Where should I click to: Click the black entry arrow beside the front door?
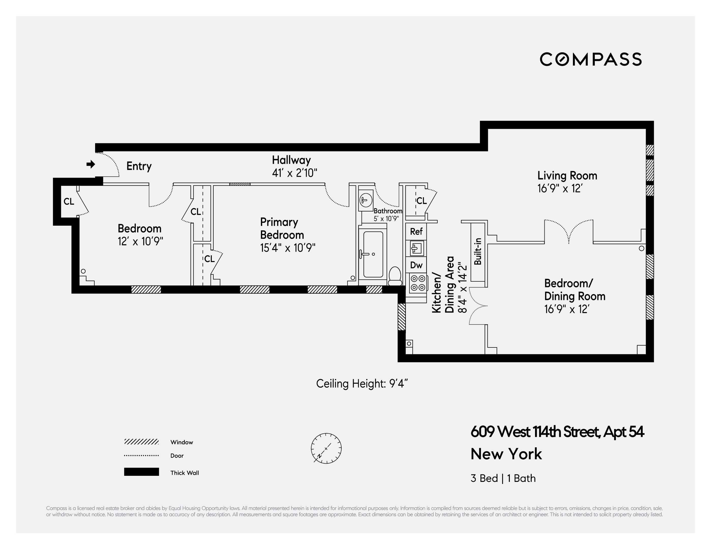pyautogui.click(x=91, y=164)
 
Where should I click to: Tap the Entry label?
pyautogui.click(x=139, y=166)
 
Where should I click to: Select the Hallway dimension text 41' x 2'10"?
pyautogui.click(x=294, y=173)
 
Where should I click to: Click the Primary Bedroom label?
pyautogui.click(x=282, y=228)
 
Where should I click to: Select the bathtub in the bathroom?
pyautogui.click(x=373, y=254)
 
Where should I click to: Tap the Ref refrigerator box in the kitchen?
pyautogui.click(x=416, y=231)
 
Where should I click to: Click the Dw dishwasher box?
pyautogui.click(x=416, y=265)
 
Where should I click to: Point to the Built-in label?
pyautogui.click(x=478, y=252)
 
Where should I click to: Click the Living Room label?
pyautogui.click(x=567, y=176)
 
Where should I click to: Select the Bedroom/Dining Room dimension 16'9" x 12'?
pyautogui.click(x=567, y=309)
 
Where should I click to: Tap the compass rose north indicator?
pyautogui.click(x=326, y=448)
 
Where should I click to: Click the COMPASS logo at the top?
pyautogui.click(x=590, y=59)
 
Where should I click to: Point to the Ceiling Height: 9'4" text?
pyautogui.click(x=362, y=384)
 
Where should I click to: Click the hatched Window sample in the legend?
pyautogui.click(x=141, y=441)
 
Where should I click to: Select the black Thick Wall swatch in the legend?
pyautogui.click(x=141, y=472)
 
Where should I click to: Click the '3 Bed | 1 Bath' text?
pyautogui.click(x=503, y=478)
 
